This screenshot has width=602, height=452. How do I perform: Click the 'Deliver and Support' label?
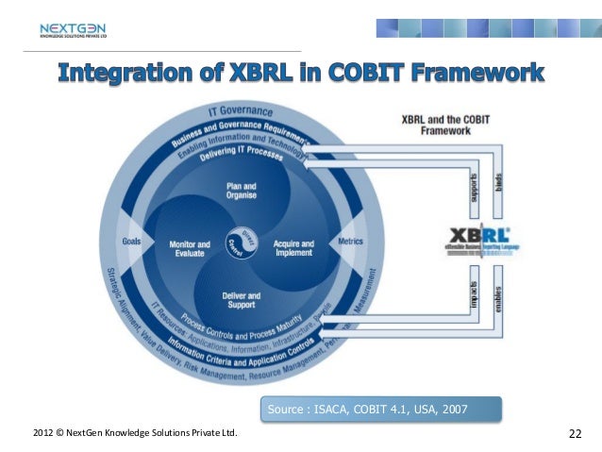tap(241, 300)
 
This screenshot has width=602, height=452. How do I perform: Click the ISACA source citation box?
tap(379, 410)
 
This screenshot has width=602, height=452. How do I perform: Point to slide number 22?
tap(575, 433)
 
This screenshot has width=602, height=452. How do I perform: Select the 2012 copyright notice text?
tap(135, 433)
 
